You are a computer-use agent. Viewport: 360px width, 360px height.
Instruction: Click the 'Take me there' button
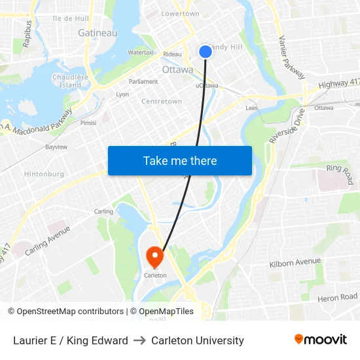180,160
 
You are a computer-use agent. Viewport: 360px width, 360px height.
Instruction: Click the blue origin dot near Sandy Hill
205,51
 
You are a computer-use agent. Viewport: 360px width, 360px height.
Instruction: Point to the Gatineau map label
98,33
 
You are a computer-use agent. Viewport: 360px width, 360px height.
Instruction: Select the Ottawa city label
177,69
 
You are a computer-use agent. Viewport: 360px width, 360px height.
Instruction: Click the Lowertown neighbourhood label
180,14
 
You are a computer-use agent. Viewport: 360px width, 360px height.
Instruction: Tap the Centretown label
162,101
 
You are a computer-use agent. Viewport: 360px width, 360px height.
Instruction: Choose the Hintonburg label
44,174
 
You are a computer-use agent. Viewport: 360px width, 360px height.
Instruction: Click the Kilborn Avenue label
295,263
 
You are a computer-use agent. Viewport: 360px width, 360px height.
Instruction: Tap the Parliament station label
144,82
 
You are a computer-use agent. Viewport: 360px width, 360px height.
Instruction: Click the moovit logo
321,340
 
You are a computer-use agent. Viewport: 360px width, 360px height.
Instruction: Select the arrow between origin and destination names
139,340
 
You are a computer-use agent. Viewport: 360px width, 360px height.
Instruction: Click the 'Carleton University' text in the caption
198,340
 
